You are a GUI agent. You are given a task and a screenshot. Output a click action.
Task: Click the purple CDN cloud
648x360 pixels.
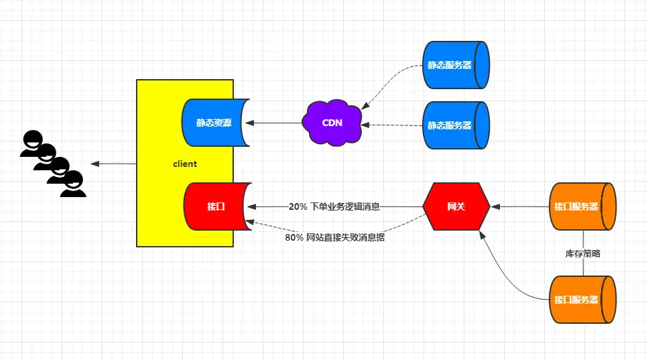tap(332, 123)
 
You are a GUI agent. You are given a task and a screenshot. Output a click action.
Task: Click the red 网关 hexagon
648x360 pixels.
tap(456, 206)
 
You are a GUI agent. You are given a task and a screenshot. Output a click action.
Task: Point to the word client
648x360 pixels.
tap(185, 164)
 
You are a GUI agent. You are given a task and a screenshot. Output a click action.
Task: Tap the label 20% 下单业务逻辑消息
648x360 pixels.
tap(334, 206)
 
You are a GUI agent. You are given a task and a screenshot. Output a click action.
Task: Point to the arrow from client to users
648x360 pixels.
tap(113, 164)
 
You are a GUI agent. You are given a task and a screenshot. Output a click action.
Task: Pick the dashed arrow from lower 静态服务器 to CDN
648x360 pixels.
tap(395, 125)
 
